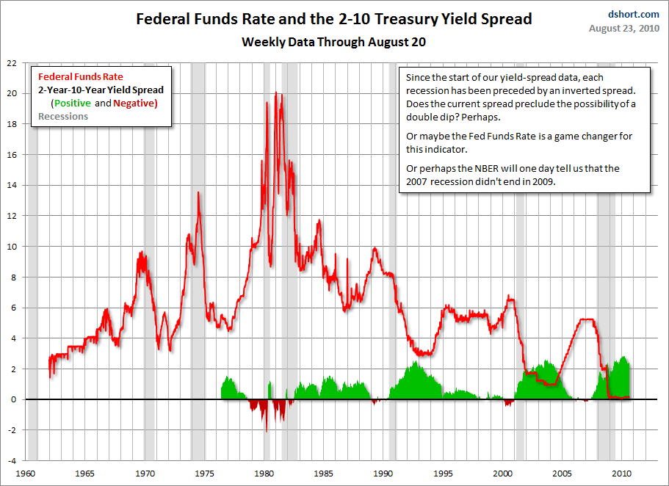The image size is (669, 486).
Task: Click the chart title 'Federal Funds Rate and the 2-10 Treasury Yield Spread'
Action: click(334, 18)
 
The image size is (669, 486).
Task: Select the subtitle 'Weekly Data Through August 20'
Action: click(334, 42)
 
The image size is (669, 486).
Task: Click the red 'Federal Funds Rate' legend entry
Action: click(81, 76)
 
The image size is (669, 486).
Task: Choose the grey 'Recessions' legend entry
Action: click(63, 116)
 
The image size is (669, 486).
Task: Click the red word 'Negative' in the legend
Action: click(134, 103)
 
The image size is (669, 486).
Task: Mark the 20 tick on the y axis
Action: click(12, 93)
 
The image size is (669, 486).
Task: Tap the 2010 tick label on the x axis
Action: click(623, 473)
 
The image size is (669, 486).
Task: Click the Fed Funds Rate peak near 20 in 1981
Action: click(276, 93)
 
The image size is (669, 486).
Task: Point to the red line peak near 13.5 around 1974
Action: click(198, 192)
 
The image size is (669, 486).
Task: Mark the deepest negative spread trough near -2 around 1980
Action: click(266, 431)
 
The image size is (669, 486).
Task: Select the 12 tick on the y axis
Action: click(12, 216)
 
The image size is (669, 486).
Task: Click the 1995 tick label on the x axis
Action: click(444, 473)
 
